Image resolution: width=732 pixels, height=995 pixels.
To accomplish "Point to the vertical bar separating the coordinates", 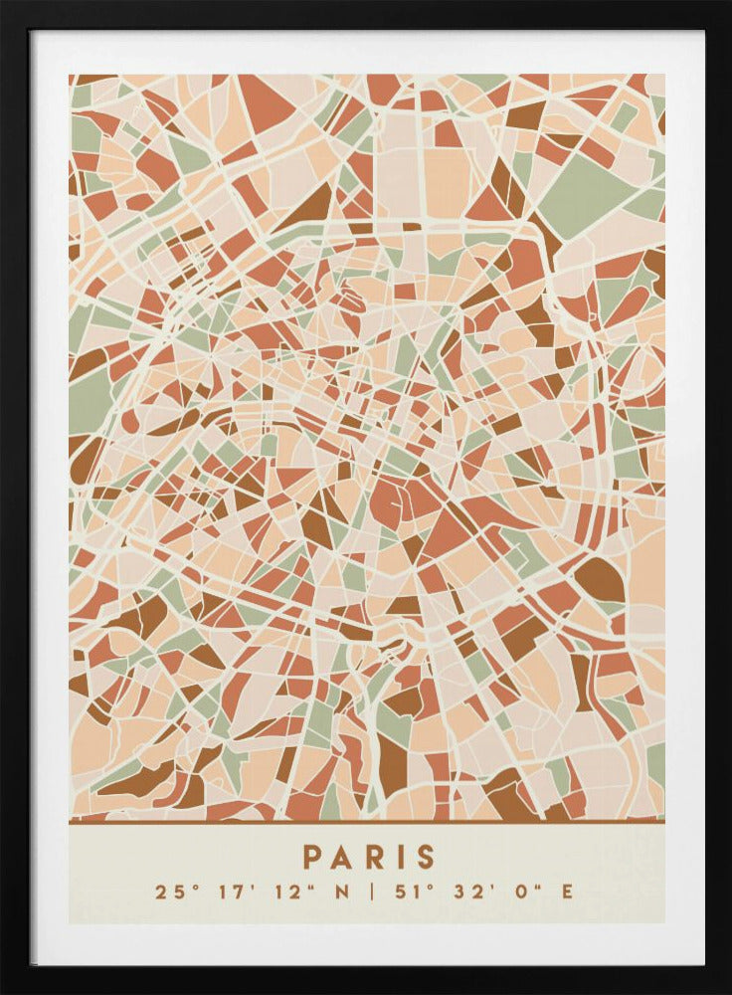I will click(370, 892).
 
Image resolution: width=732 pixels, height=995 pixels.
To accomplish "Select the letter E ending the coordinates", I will click(567, 892).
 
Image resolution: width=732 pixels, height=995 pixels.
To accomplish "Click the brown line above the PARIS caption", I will click(366, 822).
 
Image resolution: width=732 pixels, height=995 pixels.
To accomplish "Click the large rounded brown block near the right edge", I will click(599, 579).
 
